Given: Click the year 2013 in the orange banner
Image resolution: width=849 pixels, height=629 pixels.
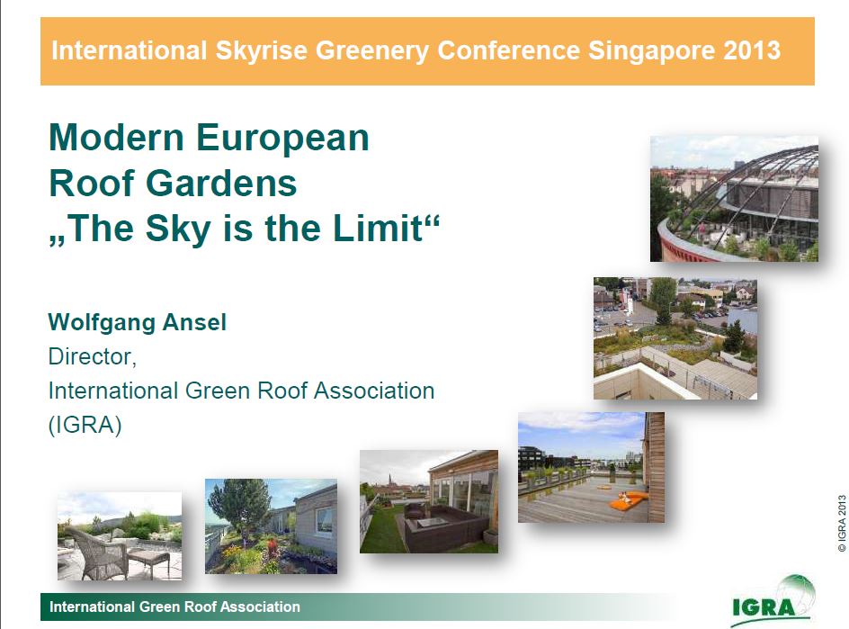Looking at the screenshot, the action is [x=752, y=49].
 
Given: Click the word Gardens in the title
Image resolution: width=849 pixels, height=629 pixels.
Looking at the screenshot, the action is [x=221, y=183].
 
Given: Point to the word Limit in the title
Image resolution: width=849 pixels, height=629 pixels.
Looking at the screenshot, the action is [x=378, y=228].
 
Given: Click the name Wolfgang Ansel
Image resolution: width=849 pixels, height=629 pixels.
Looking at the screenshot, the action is [x=137, y=323].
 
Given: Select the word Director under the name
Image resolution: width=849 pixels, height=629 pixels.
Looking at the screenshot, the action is [x=92, y=357].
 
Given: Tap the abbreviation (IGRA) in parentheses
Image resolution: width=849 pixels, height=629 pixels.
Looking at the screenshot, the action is [x=85, y=425].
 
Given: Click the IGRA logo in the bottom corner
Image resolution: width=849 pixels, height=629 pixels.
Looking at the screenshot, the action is [x=771, y=600].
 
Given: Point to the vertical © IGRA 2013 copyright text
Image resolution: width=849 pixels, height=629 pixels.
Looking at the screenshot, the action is [x=842, y=523].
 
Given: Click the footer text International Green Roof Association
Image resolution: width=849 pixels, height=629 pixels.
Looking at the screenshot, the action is [x=174, y=607].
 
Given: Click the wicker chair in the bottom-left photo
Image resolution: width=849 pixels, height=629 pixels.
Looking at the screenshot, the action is [x=97, y=552].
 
